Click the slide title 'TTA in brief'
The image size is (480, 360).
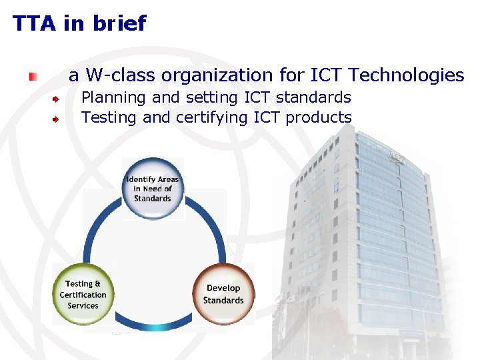click(79, 24)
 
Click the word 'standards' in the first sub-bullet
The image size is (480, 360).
click(313, 97)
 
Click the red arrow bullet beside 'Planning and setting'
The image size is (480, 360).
click(58, 99)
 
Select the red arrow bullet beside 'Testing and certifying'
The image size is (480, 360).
click(58, 119)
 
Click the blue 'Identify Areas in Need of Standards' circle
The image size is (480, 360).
click(153, 188)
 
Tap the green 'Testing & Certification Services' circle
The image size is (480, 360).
click(83, 294)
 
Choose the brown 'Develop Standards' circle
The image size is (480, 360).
click(223, 294)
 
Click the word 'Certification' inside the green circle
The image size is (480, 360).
click(83, 295)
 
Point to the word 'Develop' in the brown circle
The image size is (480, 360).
click(223, 288)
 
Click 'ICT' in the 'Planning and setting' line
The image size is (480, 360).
click(257, 97)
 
